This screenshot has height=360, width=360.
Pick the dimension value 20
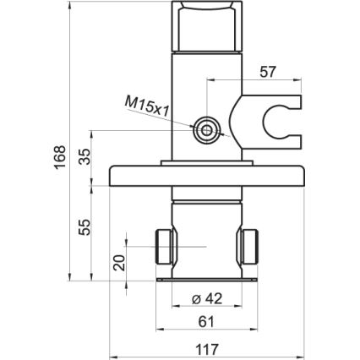point(118,263)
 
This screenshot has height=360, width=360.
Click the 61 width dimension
point(205,321)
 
